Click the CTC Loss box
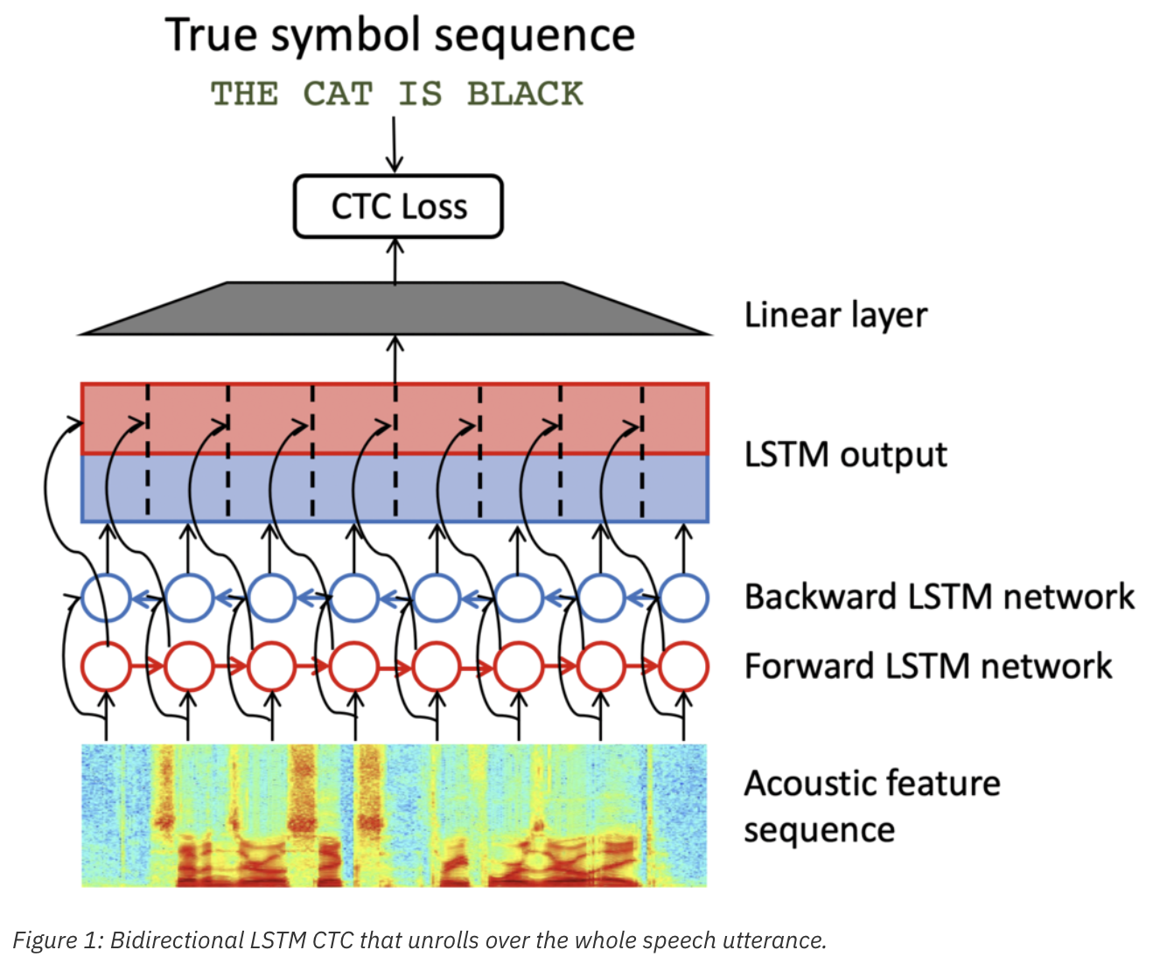pos(398,206)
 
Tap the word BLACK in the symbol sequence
pos(524,94)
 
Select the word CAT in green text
pos(338,94)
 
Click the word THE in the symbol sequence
pos(245,94)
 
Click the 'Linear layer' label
pos(835,315)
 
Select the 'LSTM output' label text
pos(845,455)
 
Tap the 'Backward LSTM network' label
pos(939,597)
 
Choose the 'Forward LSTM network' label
pos(927,667)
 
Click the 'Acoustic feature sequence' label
pos(871,806)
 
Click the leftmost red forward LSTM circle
pos(106,667)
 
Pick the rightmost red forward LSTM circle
pos(683,667)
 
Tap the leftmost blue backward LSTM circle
pos(106,597)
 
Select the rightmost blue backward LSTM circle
pos(683,597)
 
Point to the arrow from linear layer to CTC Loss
pos(395,260)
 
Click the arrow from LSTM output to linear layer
pos(395,359)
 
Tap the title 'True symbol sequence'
pos(400,36)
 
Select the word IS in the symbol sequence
pos(420,94)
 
